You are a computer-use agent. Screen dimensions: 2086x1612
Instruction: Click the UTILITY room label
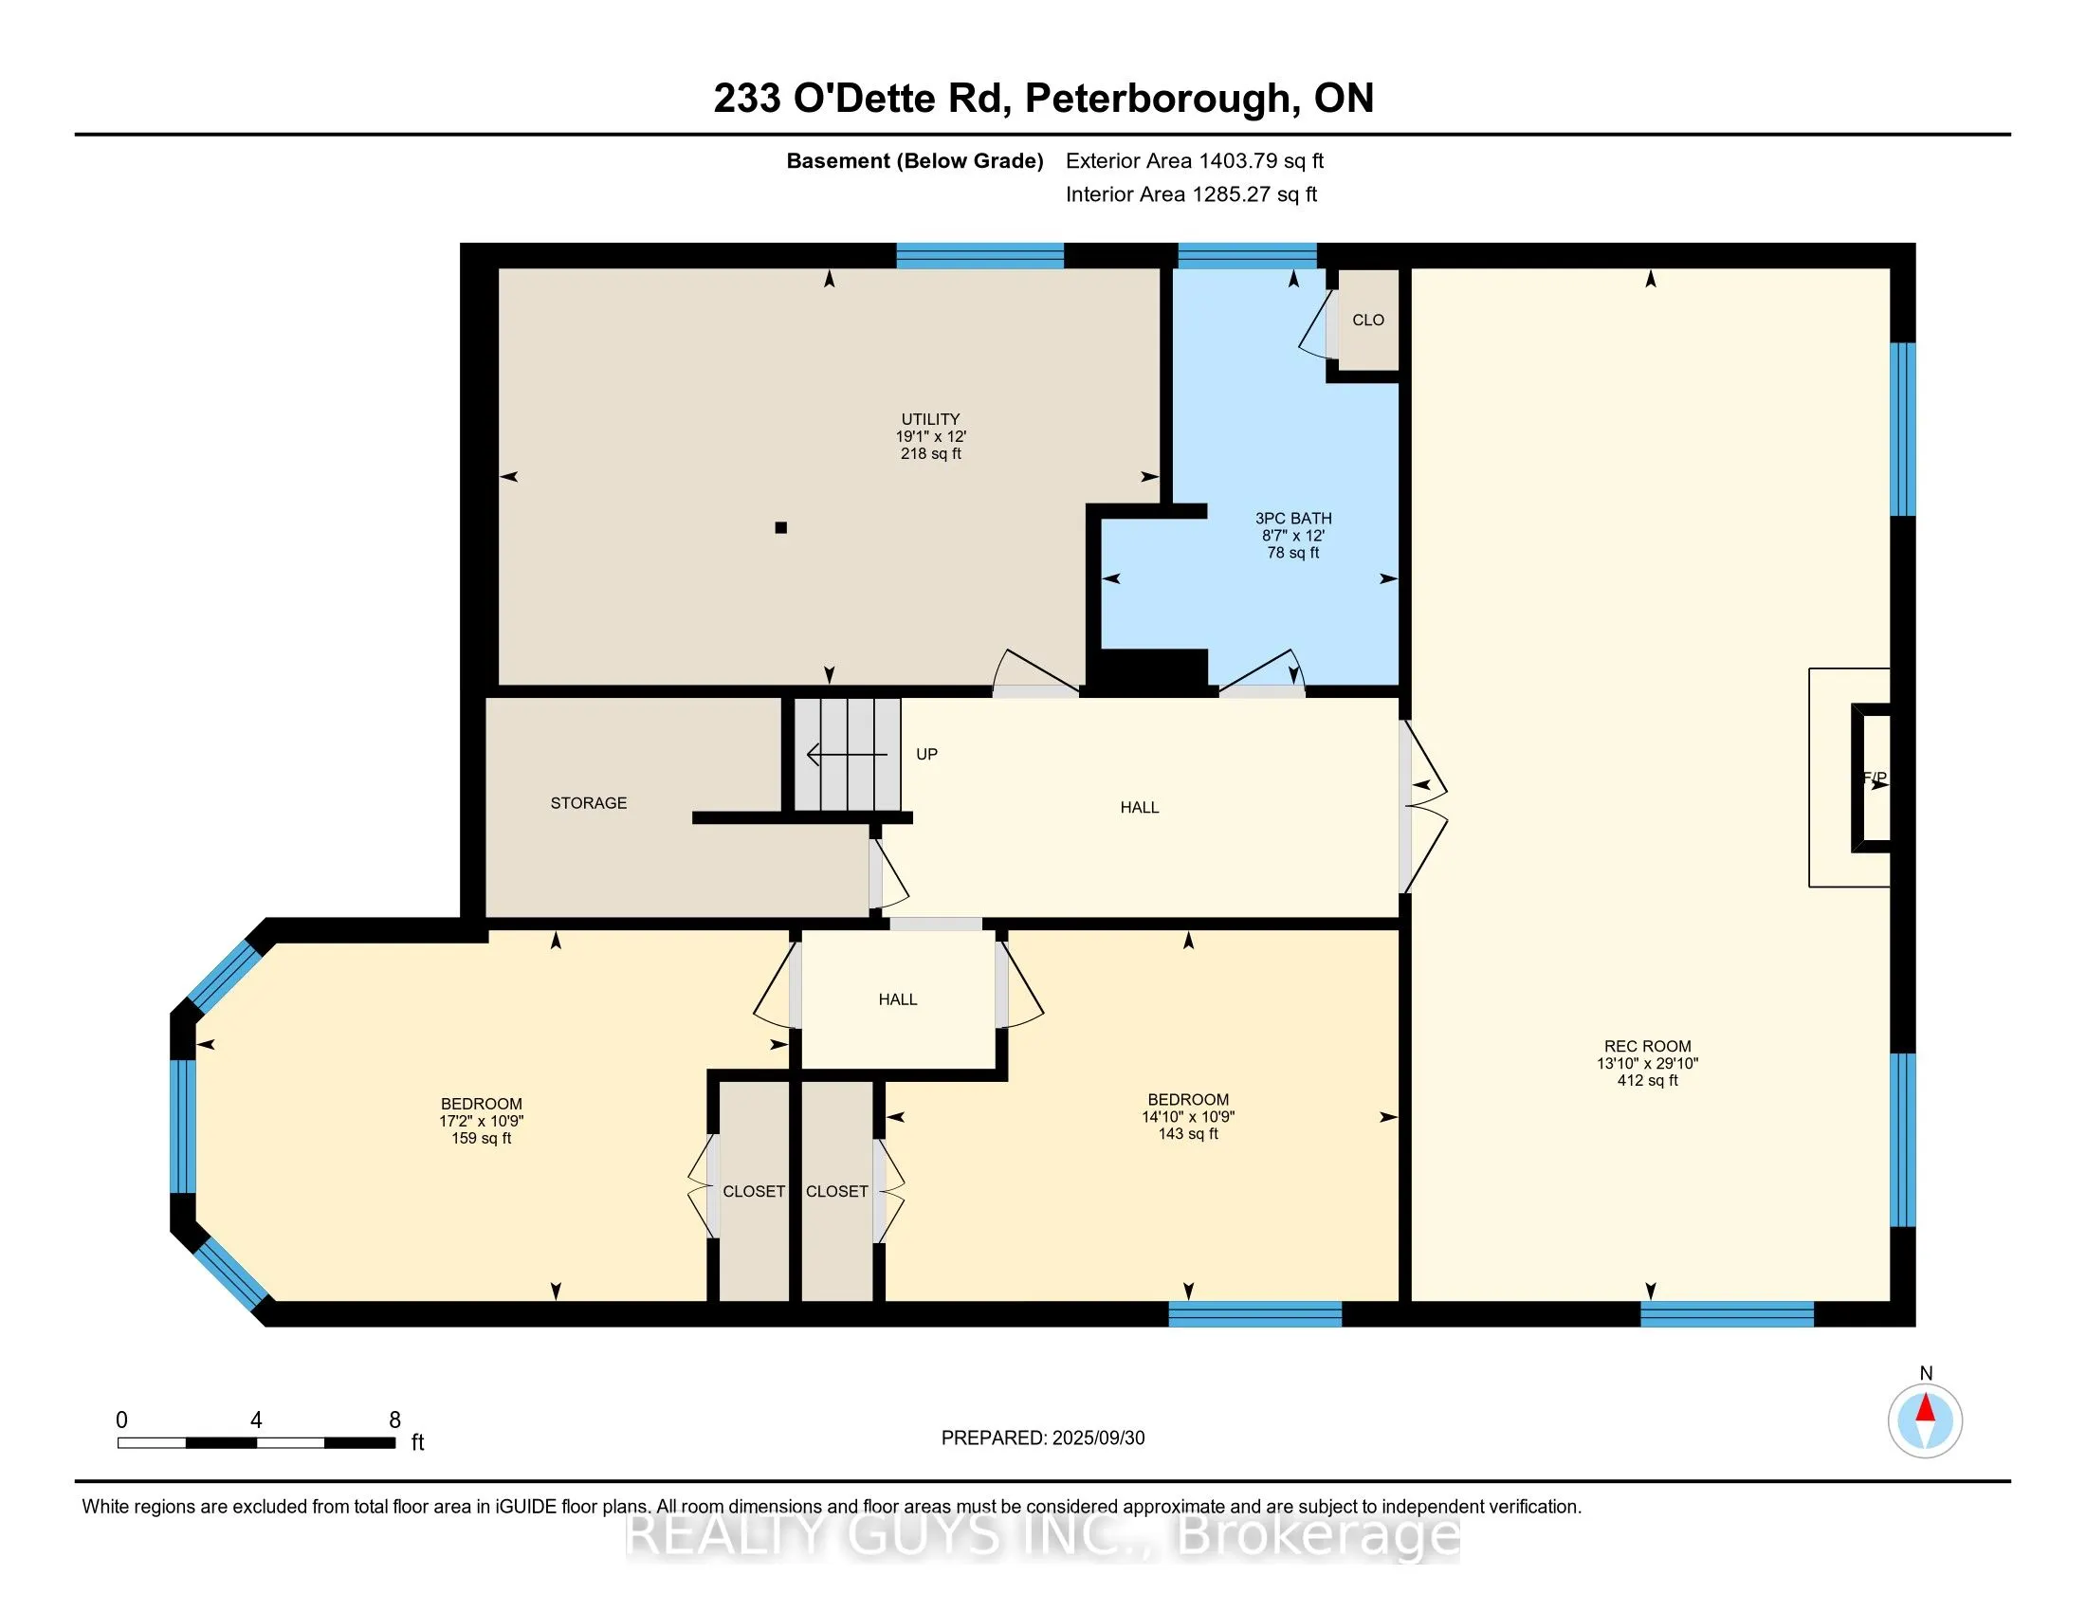pyautogui.click(x=930, y=419)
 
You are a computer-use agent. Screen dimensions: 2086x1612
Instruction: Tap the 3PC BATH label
pyautogui.click(x=1293, y=519)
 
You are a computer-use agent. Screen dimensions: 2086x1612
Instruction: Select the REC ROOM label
pyautogui.click(x=1648, y=1047)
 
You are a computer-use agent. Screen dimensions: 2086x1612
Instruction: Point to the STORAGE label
pyautogui.click(x=589, y=803)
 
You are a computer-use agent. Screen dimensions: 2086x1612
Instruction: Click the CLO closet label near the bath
pyautogui.click(x=1367, y=320)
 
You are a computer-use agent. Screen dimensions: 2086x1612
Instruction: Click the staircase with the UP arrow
pyautogui.click(x=847, y=755)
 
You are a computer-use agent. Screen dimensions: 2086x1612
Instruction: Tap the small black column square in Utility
pyautogui.click(x=780, y=527)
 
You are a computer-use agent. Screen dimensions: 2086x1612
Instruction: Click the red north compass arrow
pyautogui.click(x=1926, y=1408)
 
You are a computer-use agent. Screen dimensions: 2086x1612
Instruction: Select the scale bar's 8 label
pyautogui.click(x=394, y=1420)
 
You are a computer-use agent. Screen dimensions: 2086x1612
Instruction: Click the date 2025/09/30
pyautogui.click(x=1098, y=1438)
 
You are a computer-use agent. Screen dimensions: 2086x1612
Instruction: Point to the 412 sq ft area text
pyautogui.click(x=1648, y=1081)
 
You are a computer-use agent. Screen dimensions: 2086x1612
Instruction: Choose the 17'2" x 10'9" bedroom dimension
pyautogui.click(x=482, y=1121)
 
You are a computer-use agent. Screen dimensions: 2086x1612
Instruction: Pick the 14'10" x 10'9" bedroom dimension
pyautogui.click(x=1188, y=1116)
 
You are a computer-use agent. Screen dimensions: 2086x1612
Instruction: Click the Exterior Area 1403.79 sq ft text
pyautogui.click(x=1195, y=160)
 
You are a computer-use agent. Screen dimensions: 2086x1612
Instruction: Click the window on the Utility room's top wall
pyautogui.click(x=980, y=256)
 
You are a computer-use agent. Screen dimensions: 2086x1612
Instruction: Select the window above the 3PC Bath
pyautogui.click(x=1248, y=256)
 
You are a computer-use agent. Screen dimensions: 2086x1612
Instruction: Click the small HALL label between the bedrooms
pyautogui.click(x=898, y=999)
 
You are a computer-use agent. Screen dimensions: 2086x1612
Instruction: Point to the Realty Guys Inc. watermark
pyautogui.click(x=1043, y=1534)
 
